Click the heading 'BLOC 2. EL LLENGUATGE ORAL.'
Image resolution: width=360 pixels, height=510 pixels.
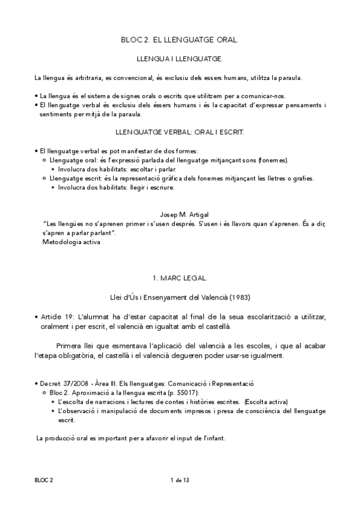tap(180, 40)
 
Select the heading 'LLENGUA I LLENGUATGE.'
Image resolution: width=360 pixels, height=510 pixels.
tap(180, 60)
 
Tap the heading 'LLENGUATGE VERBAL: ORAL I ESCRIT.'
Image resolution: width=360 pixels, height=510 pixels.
tap(180, 131)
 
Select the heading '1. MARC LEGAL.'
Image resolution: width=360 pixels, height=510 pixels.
tap(180, 278)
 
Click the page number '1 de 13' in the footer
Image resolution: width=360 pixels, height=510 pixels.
tap(180, 479)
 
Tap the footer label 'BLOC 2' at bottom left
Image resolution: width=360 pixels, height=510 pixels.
tap(44, 479)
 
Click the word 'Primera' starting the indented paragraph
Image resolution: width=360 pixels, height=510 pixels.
tap(70, 346)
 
